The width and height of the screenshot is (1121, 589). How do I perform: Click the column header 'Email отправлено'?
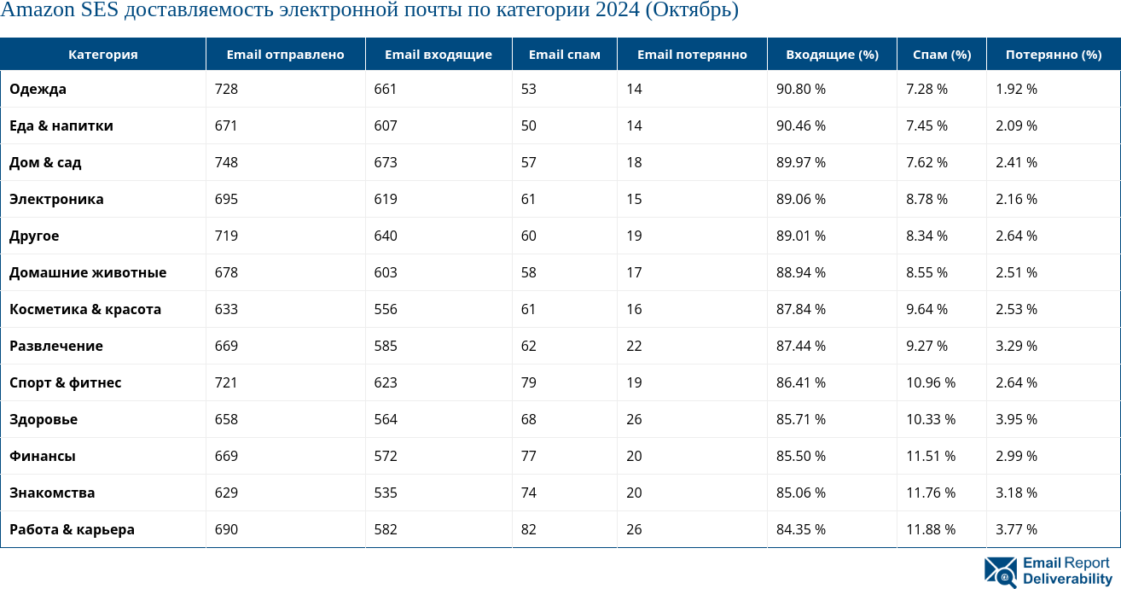pyautogui.click(x=285, y=55)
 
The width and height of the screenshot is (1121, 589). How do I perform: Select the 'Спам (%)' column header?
pyautogui.click(x=941, y=55)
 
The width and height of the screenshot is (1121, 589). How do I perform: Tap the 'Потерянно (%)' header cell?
pyautogui.click(x=1053, y=55)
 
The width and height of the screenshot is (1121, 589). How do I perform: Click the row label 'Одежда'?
pyautogui.click(x=38, y=89)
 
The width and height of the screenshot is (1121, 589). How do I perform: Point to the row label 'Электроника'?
pyautogui.click(x=56, y=199)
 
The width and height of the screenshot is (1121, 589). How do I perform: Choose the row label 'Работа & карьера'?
pyautogui.click(x=72, y=529)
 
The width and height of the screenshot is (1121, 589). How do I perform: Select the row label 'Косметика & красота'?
pyautogui.click(x=85, y=309)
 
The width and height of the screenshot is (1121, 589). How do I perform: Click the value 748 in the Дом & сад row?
pyautogui.click(x=226, y=162)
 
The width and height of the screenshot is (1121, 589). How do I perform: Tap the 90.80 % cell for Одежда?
pyautogui.click(x=800, y=89)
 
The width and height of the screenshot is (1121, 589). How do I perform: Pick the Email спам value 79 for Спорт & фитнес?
pyautogui.click(x=528, y=382)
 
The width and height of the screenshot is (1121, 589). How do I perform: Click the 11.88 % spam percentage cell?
pyautogui.click(x=930, y=529)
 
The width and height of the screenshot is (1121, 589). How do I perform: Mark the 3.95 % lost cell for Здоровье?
pyautogui.click(x=1016, y=419)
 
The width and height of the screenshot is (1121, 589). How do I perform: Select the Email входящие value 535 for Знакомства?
pyautogui.click(x=386, y=493)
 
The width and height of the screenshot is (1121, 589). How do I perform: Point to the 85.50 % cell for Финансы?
pyautogui.click(x=800, y=456)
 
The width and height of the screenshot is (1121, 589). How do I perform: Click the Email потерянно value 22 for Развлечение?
pyautogui.click(x=634, y=346)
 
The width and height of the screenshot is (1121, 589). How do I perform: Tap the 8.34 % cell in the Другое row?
pyautogui.click(x=926, y=236)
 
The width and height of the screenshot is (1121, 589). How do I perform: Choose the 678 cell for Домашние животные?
pyautogui.click(x=226, y=272)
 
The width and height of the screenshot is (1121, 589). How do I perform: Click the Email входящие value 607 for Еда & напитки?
pyautogui.click(x=386, y=125)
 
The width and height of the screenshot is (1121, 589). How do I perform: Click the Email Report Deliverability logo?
pyautogui.click(x=1047, y=571)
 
